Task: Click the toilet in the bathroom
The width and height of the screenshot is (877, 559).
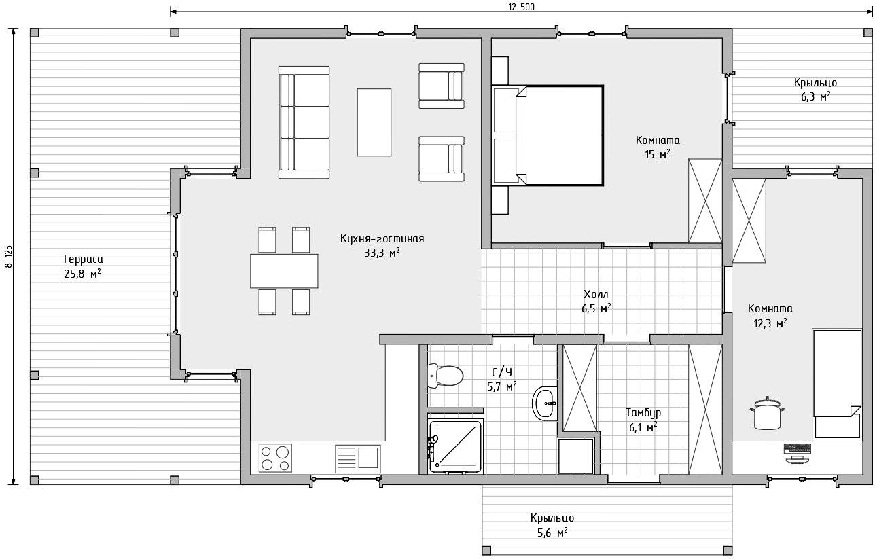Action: click(x=446, y=376)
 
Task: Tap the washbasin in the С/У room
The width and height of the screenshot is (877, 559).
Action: click(x=545, y=403)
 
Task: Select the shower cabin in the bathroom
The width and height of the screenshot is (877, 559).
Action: click(x=456, y=446)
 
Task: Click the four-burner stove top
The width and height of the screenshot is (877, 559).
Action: click(x=275, y=458)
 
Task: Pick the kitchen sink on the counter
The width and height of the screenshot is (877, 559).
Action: click(x=357, y=458)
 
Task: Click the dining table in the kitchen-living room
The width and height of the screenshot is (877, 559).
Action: click(x=284, y=271)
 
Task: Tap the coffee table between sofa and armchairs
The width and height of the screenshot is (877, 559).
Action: click(x=374, y=122)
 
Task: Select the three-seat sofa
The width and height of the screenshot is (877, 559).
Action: click(x=304, y=122)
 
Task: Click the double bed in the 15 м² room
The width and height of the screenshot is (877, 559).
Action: click(x=548, y=135)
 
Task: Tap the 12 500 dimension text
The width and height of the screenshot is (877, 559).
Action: click(x=522, y=7)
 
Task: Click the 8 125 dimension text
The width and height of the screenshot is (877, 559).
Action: click(x=9, y=257)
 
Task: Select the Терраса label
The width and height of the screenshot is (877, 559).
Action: click(x=83, y=259)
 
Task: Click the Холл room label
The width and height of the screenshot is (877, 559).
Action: click(x=596, y=294)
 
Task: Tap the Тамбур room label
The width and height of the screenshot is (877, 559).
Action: click(x=643, y=412)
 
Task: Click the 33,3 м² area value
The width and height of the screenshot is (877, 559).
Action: click(x=382, y=253)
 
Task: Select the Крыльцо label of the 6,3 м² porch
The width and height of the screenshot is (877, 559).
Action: click(x=816, y=83)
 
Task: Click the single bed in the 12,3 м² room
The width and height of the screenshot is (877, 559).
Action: click(x=837, y=384)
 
